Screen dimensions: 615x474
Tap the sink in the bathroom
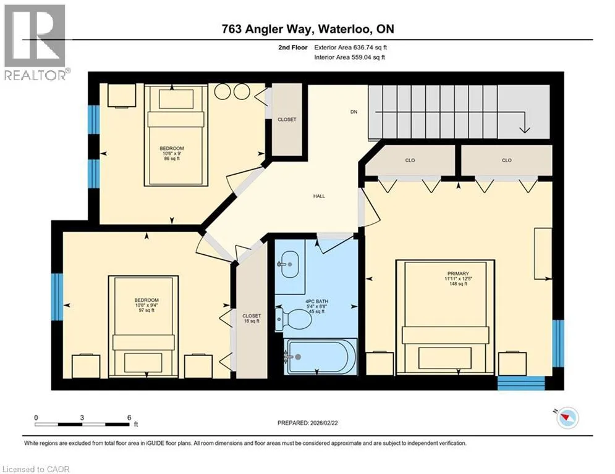click(288, 264)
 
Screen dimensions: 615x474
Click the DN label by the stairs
click(354, 112)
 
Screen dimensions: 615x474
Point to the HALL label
click(319, 196)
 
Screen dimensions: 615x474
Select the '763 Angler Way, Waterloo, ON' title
click(308, 28)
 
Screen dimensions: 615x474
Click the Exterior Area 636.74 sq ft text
click(350, 48)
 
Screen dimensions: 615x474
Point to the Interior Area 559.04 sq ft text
click(349, 57)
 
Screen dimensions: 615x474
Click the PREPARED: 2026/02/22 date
click(308, 423)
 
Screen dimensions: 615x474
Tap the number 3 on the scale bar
click(82, 418)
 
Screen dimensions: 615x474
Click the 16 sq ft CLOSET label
click(252, 318)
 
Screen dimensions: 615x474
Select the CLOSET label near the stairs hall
click(287, 120)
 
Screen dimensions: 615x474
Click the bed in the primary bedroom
click(446, 317)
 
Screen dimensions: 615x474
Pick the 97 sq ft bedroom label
click(146, 305)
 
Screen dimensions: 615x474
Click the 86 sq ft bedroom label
click(171, 154)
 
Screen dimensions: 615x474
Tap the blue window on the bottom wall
click(521, 383)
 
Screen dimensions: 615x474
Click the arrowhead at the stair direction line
click(524, 129)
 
